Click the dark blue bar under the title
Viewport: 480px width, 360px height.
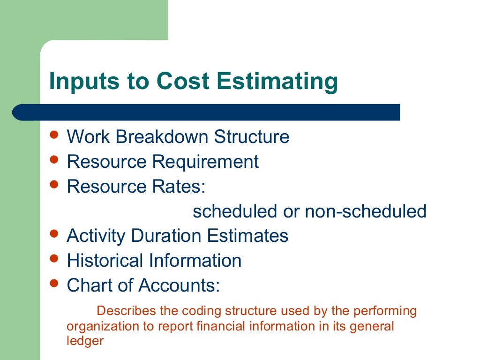tap(206, 112)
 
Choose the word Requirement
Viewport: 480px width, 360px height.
tap(205, 162)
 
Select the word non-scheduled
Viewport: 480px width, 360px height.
tap(366, 211)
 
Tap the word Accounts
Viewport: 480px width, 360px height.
tap(182, 285)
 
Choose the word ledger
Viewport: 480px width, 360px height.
tap(85, 341)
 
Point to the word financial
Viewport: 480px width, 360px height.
tap(247, 326)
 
